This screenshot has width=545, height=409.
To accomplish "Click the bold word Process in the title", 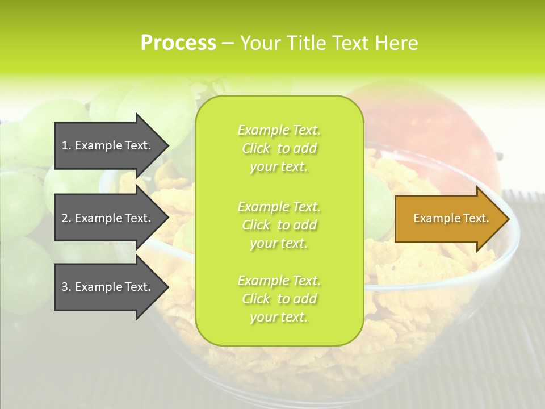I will click(x=178, y=43).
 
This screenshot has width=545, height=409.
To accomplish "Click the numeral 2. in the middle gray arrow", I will click(x=66, y=218).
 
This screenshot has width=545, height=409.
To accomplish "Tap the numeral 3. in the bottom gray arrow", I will click(x=66, y=287).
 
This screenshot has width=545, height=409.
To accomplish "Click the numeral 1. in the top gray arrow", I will click(x=66, y=145).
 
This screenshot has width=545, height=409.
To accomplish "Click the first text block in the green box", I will click(x=279, y=148).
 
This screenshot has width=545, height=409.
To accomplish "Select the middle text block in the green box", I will click(x=279, y=224).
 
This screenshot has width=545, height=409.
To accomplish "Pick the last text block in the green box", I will click(x=279, y=299).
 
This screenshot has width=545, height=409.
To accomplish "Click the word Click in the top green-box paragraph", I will click(x=256, y=148).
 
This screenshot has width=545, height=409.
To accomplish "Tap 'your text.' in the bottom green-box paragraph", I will click(x=279, y=317).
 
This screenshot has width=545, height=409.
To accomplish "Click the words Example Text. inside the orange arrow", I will click(x=451, y=218).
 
